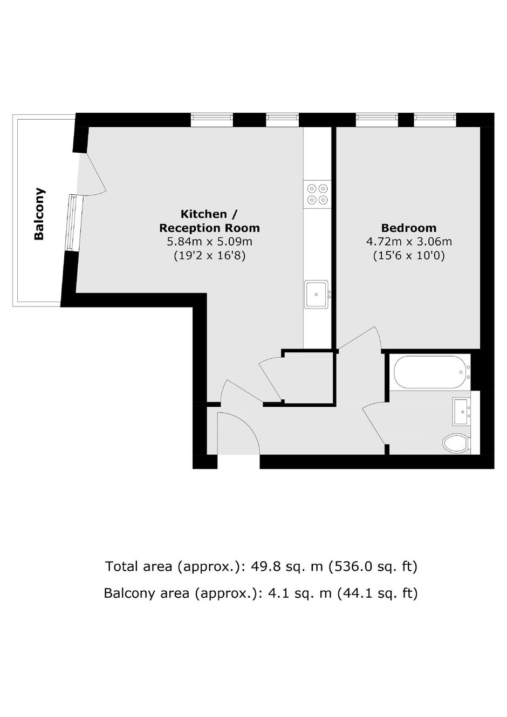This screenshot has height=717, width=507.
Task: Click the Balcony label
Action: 39,214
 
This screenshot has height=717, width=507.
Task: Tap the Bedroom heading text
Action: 409,228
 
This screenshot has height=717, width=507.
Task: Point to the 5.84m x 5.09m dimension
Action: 210,242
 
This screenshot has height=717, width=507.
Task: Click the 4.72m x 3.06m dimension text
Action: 409,242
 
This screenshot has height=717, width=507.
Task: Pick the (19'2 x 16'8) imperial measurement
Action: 210,256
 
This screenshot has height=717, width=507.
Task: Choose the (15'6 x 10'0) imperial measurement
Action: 409,256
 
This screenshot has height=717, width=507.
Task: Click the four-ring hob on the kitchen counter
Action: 317,193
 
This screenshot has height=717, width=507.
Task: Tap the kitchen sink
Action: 317,295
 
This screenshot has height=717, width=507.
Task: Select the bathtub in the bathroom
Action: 431,372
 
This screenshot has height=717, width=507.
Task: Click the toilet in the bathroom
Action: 456,443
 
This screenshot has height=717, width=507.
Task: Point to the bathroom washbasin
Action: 462,412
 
